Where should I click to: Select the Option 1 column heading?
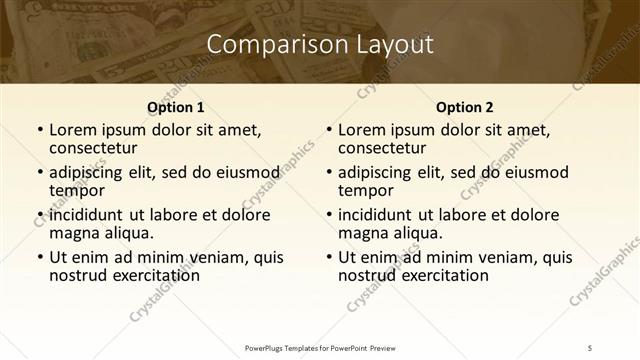176,107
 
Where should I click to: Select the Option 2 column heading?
465,107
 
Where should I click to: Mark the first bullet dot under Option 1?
39,131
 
